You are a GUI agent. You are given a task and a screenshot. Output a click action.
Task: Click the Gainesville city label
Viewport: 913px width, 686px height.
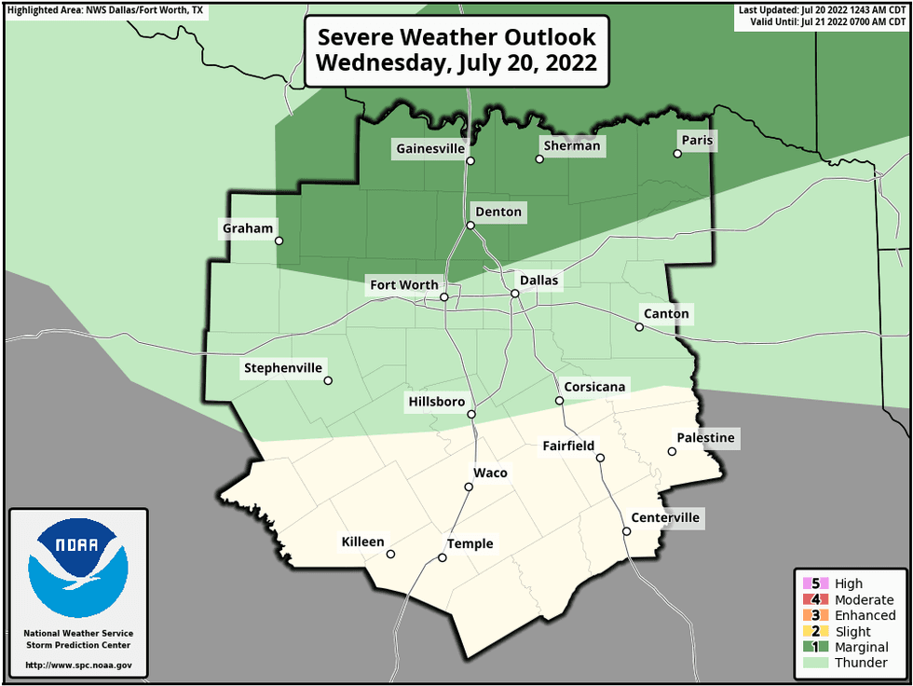coord(429,149)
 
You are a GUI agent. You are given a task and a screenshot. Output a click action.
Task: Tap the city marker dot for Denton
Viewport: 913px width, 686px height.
coord(470,225)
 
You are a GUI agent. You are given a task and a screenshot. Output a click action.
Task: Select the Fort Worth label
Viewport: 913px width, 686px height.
coord(403,285)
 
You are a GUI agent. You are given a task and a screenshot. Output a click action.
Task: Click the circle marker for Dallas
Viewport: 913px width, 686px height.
coord(514,294)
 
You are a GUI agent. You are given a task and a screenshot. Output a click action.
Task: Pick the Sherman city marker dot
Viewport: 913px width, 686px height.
coord(538,158)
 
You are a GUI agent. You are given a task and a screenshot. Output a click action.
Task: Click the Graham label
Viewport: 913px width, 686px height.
coord(248,228)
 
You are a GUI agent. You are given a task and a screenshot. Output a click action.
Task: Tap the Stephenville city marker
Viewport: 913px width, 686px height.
coord(328,380)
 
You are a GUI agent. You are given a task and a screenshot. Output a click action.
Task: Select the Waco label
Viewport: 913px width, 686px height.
coord(491,473)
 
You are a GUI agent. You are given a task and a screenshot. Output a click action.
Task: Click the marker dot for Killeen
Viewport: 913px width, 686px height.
coord(390,554)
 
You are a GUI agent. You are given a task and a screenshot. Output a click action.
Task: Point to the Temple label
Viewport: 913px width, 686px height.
coord(470,544)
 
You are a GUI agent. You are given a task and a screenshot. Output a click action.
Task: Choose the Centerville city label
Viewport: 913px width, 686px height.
coord(664,518)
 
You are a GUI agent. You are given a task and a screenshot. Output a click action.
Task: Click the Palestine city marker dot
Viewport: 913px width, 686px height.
coord(672,451)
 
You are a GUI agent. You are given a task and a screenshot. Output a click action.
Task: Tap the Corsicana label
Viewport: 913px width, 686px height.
coord(595,387)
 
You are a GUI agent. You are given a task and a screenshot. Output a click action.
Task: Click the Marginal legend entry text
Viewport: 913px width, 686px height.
coord(862,647)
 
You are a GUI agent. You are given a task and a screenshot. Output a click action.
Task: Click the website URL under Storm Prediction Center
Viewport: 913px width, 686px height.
coord(77,665)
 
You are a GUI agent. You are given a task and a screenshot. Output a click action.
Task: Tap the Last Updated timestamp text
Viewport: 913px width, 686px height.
coord(823,9)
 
